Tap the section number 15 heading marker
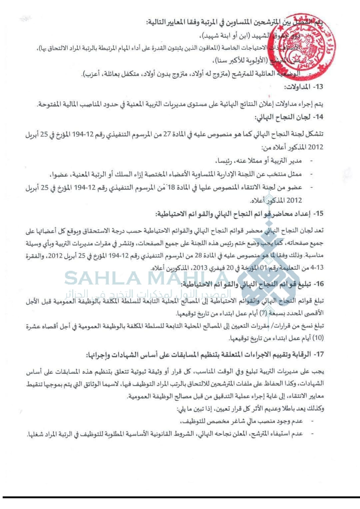point(319,214)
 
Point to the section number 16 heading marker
point(319,284)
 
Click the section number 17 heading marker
point(319,355)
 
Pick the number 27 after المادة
point(177,134)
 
